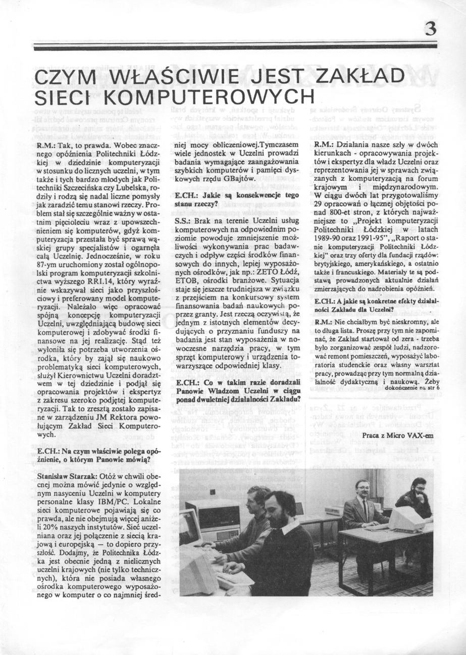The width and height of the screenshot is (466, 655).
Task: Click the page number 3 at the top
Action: [430, 28]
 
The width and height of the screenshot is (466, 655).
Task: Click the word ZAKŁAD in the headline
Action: [360, 77]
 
